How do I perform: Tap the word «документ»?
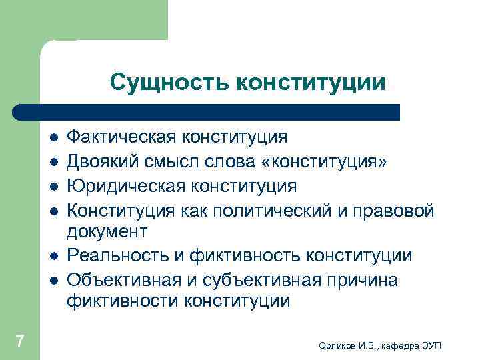click(x=107, y=232)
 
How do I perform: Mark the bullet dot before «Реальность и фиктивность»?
click(x=53, y=257)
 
